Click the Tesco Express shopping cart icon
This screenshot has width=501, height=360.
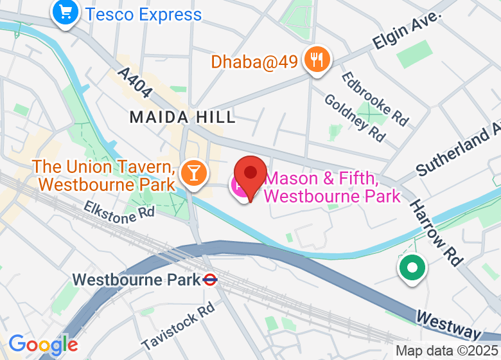tap(66, 12)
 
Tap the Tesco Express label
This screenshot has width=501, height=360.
tap(143, 14)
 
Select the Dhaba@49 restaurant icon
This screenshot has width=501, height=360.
tap(317, 60)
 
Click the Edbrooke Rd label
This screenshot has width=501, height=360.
tap(375, 98)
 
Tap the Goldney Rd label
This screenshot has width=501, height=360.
tap(355, 118)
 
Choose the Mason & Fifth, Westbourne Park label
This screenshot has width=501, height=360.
tap(332, 186)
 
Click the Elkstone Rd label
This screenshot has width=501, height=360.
tap(119, 212)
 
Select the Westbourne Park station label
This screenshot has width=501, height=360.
tap(137, 280)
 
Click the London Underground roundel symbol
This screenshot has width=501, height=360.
tap(209, 280)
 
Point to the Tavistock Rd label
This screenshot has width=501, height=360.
tap(178, 327)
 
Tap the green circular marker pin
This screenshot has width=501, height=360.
tap(412, 267)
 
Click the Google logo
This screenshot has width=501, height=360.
tap(43, 345)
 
